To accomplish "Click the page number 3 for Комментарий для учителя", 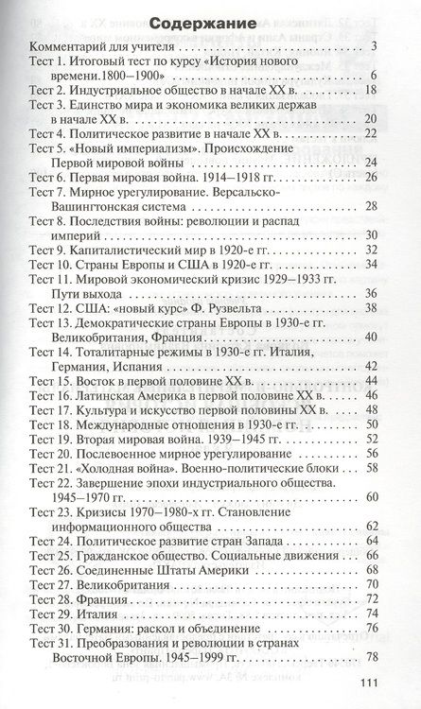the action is pos(376,46).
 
